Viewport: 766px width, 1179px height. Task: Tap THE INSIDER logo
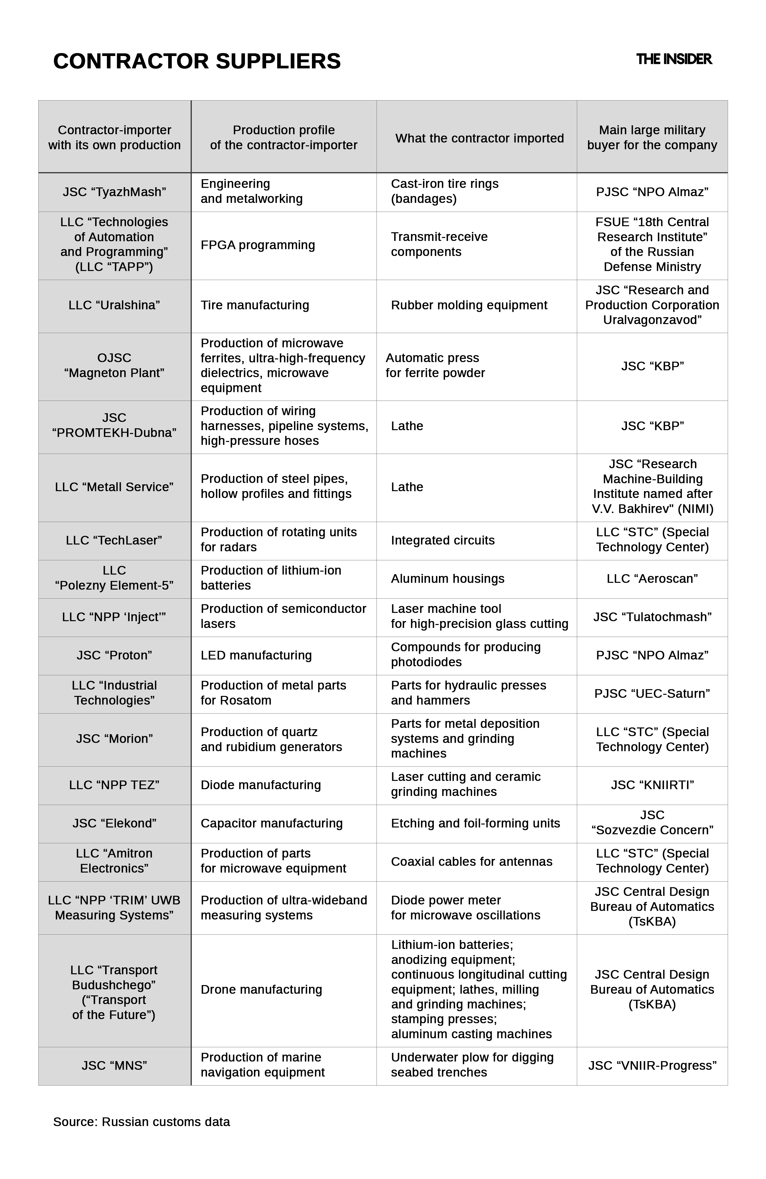click(x=673, y=60)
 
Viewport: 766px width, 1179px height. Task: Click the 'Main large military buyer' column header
click(x=652, y=137)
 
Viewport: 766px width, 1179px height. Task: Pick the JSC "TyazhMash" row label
click(x=114, y=192)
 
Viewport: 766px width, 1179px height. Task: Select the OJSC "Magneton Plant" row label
click(x=114, y=365)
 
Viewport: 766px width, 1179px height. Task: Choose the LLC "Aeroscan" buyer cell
click(x=652, y=579)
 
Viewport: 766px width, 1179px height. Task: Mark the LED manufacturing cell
click(x=256, y=656)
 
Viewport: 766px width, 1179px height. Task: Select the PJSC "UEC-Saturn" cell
click(x=652, y=694)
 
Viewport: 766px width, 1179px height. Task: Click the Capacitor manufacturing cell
click(x=271, y=823)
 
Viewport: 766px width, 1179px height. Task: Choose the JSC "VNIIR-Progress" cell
click(x=652, y=1066)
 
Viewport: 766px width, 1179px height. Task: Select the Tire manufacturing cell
click(x=255, y=305)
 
